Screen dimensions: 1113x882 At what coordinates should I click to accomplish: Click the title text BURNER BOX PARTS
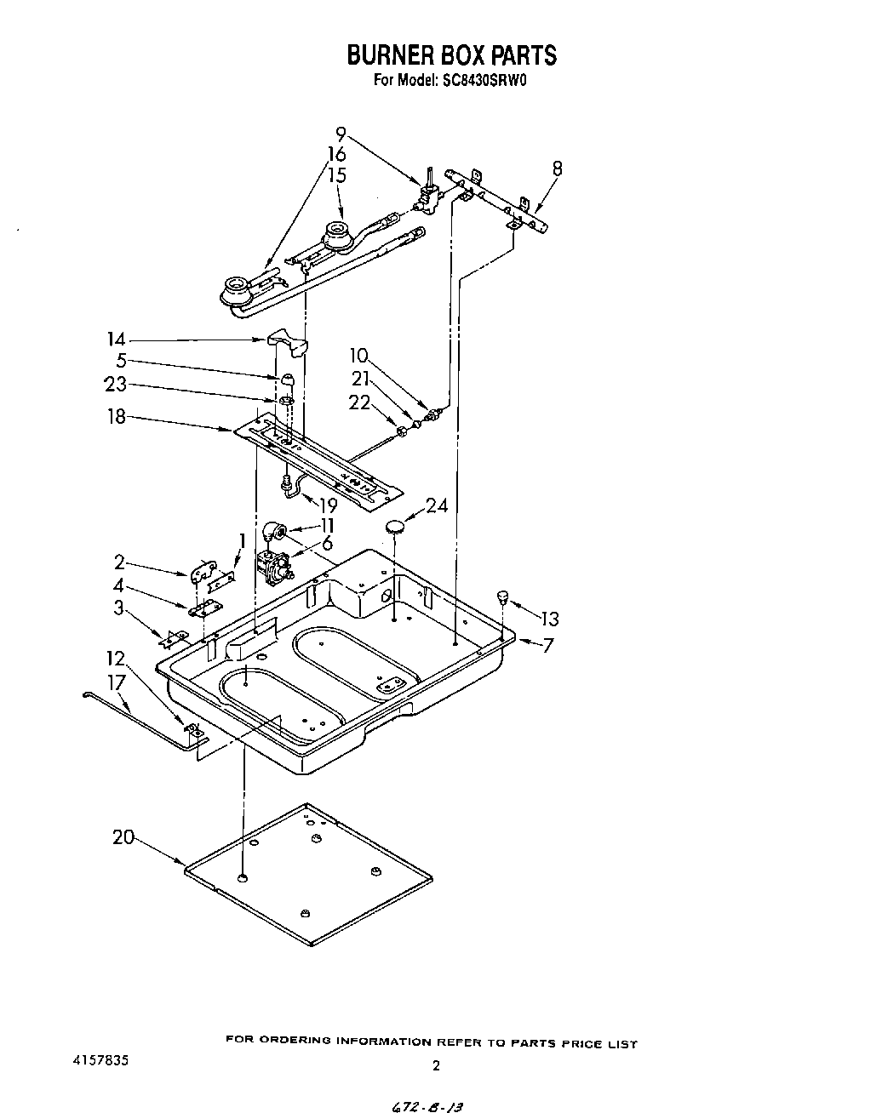pos(451,55)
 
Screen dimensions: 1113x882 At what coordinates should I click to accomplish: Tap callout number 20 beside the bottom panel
pos(123,837)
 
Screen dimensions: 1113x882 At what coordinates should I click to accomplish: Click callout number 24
pos(437,506)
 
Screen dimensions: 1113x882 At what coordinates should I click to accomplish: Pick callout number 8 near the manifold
pos(557,168)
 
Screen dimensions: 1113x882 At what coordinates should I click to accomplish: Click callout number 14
pos(116,339)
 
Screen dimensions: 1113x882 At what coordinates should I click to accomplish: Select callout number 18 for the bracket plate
pos(116,417)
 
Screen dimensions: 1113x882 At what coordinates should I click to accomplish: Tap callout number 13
pos(549,619)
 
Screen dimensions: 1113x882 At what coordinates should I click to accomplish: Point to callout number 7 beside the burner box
pos(547,645)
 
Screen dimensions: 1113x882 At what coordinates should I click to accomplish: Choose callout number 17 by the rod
pos(117,682)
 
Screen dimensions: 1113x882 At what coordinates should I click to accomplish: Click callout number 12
pos(115,658)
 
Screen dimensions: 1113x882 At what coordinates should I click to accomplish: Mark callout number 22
pos(359,402)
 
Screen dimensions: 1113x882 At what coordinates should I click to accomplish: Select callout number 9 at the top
pos(341,133)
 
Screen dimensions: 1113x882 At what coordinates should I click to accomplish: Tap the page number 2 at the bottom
pos(436,1064)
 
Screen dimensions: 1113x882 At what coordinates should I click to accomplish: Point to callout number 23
pos(115,384)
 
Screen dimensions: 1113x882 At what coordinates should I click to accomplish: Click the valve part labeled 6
pos(274,567)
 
